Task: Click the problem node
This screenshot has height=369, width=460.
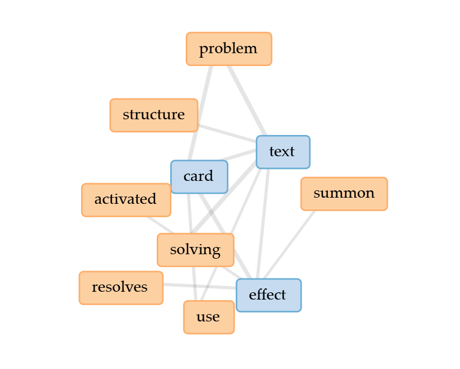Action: (x=228, y=49)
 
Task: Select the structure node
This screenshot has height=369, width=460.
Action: (x=153, y=115)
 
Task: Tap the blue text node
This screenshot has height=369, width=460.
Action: (x=283, y=152)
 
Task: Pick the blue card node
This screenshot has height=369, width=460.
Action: (x=199, y=176)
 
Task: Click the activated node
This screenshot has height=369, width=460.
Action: (x=125, y=199)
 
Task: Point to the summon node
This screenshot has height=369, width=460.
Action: (x=344, y=194)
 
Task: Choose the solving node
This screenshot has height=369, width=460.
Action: (x=195, y=250)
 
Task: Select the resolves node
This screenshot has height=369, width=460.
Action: (x=120, y=288)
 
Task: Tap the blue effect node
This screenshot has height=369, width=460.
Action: (x=268, y=295)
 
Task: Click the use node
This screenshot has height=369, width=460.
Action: (x=208, y=317)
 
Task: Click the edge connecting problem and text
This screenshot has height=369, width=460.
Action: (x=247, y=100)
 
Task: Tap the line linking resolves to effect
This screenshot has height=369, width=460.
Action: (x=199, y=286)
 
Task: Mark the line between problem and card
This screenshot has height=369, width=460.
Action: (x=201, y=112)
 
